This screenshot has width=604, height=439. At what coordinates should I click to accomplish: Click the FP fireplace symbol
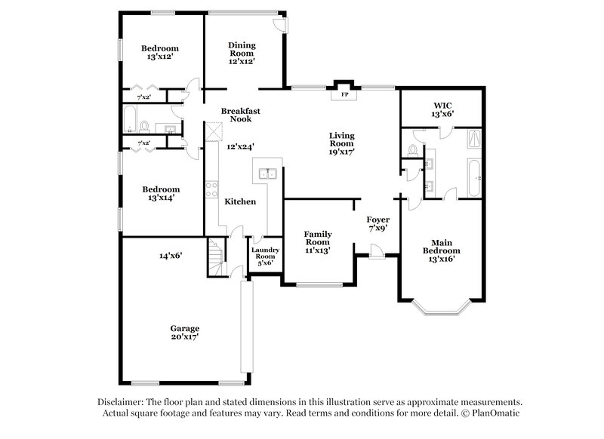click(344, 94)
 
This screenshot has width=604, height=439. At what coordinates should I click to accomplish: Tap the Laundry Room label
click(265, 256)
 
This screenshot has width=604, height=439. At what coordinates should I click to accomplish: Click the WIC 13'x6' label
click(442, 109)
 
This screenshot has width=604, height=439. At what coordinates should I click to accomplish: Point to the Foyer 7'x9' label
click(377, 223)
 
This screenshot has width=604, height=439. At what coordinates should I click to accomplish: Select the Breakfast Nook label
click(241, 115)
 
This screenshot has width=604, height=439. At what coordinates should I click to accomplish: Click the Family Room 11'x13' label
click(318, 241)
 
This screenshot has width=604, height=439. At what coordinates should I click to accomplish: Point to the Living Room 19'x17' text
click(341, 143)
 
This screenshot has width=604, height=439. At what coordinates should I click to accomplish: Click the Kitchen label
click(240, 201)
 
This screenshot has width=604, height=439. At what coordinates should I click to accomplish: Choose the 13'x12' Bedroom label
click(160, 52)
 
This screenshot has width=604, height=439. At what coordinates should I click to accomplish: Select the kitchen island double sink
click(267, 175)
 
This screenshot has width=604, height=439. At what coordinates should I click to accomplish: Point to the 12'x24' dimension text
click(241, 146)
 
